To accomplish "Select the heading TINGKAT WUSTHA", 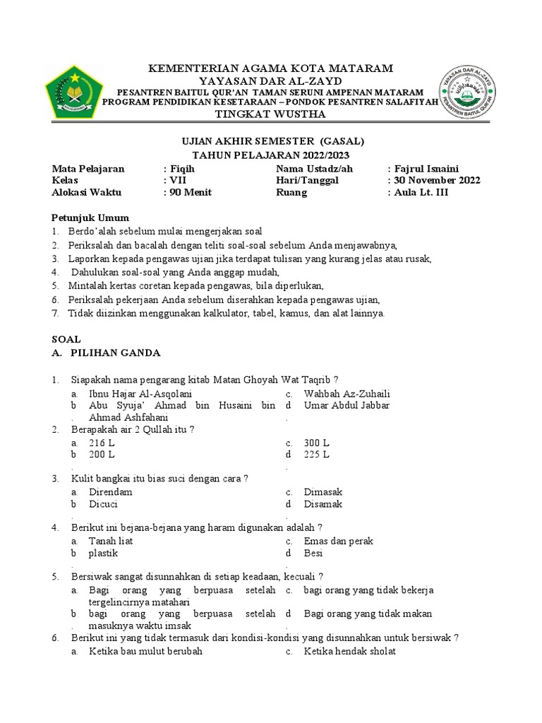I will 270,114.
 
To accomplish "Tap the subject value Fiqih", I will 182,169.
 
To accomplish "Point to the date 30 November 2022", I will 438,180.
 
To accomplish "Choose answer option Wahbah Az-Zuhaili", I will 347,393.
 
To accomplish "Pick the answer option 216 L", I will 102,443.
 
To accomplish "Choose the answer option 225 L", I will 316,455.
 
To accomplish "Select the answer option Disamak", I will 323,504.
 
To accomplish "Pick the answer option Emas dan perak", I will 338,541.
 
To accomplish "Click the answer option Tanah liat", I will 111,541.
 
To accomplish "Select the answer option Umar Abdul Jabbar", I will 347,405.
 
